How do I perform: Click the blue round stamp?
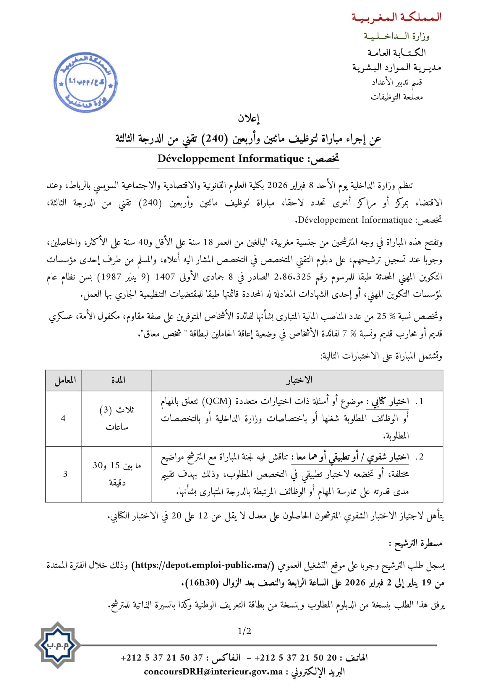[85, 82]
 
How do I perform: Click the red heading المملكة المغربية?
[396, 17]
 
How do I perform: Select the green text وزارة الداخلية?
[396, 36]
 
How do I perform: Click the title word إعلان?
[249, 118]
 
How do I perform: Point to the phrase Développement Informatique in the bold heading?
[231, 159]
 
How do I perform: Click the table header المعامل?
[65, 380]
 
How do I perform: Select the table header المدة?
[117, 380]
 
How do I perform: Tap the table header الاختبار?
[299, 380]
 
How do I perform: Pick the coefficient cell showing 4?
[63, 418]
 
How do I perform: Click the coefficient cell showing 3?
[65, 474]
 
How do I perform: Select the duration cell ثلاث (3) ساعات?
[117, 418]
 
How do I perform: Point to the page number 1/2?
[244, 631]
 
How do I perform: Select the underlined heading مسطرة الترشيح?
[417, 543]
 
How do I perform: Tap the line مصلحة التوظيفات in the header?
[396, 97]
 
